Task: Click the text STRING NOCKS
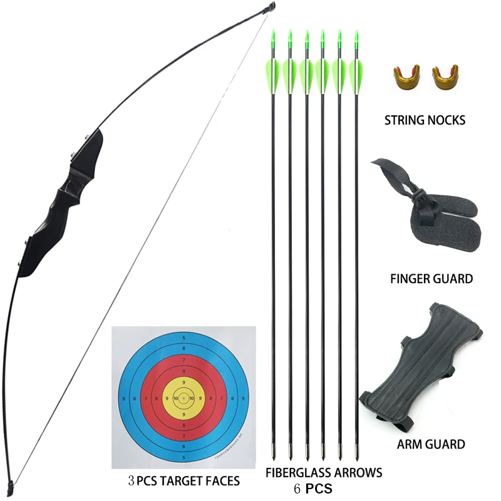(x=425, y=120)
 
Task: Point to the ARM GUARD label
(x=431, y=445)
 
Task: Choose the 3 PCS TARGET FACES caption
(x=184, y=481)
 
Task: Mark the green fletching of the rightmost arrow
(x=356, y=72)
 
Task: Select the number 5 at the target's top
(x=183, y=339)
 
